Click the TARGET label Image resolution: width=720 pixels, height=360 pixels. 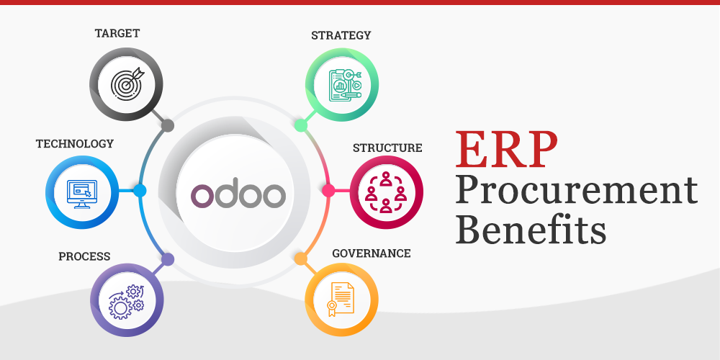click(117, 33)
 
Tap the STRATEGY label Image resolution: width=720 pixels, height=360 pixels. click(341, 35)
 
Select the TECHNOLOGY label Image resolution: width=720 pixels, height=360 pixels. click(75, 143)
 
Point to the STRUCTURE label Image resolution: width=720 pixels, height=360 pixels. click(387, 148)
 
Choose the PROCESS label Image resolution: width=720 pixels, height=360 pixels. click(84, 256)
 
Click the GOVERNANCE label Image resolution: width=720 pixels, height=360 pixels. click(372, 253)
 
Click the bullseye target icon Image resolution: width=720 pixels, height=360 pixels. click(127, 83)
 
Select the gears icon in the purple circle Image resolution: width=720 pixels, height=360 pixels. click(126, 300)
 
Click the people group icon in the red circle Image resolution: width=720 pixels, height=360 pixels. click(386, 192)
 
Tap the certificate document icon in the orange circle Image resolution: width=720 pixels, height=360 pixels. click(341, 297)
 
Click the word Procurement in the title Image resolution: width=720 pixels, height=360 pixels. click(576, 192)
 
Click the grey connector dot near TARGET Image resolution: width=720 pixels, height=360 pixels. click(168, 126)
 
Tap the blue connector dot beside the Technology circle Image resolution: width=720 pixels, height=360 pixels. click(140, 191)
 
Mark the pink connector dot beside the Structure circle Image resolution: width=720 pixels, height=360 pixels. click(328, 191)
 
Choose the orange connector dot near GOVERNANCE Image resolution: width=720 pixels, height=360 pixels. click(300, 258)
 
